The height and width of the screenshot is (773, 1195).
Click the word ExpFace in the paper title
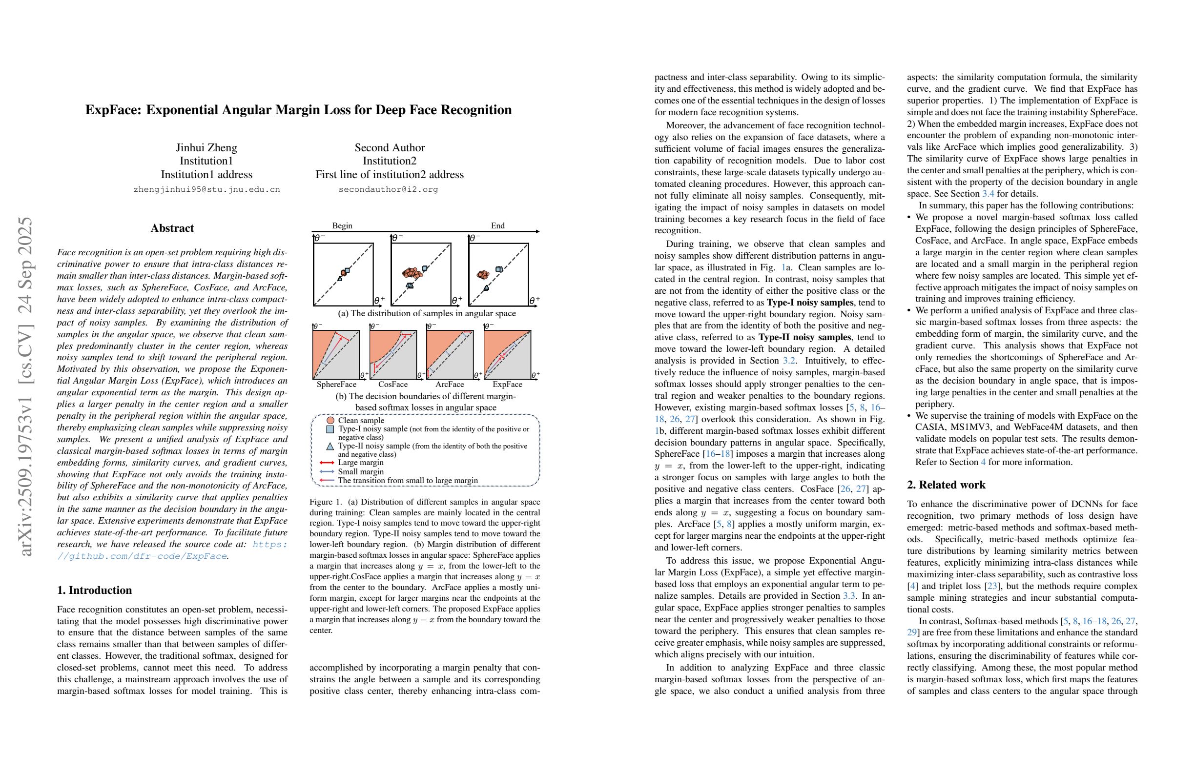pos(113,110)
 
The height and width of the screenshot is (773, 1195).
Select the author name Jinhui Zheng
pos(206,147)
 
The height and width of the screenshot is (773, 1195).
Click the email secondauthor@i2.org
pos(388,189)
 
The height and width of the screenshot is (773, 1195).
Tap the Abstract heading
pos(172,228)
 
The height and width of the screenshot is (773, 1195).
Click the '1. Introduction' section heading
pos(94,590)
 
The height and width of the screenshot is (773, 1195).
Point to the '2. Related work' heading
pos(946,485)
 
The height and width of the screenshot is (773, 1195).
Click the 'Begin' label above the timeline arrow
pos(342,225)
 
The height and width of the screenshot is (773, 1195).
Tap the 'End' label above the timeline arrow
pos(497,225)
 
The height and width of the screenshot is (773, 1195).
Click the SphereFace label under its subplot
pos(336,384)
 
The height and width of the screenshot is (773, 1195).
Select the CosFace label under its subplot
pos(392,384)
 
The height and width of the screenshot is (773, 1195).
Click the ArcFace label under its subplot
pos(450,384)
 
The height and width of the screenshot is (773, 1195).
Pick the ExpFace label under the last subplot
pos(507,384)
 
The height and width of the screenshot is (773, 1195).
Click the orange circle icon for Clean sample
pos(330,420)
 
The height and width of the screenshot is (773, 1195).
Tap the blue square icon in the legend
pos(330,429)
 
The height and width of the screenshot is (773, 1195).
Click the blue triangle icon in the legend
pos(330,446)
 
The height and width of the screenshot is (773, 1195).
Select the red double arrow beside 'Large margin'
pos(327,462)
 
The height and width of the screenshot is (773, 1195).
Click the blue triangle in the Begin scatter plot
pos(340,278)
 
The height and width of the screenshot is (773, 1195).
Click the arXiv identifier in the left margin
pos(25,386)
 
